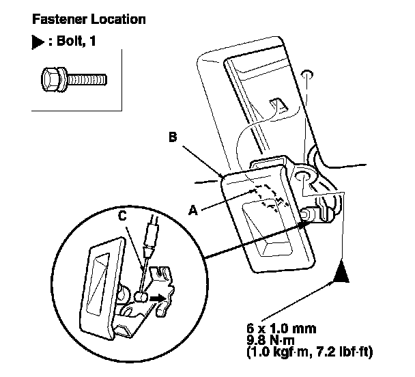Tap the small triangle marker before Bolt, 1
37,42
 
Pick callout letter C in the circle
121,217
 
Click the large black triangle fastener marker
342,276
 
